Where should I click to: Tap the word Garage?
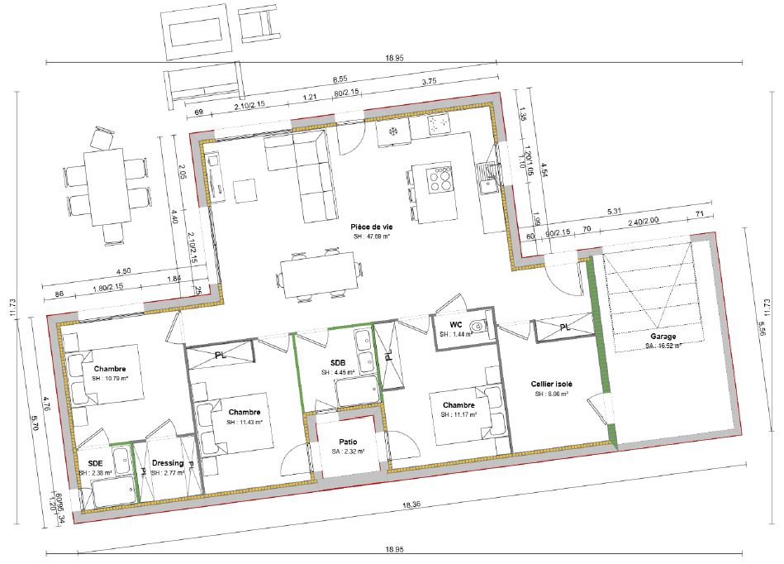(x=663, y=337)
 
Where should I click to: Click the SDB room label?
(x=337, y=362)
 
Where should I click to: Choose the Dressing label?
(x=168, y=463)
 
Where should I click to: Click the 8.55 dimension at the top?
(x=340, y=79)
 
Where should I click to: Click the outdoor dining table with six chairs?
(x=106, y=187)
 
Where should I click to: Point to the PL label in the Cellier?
(x=565, y=327)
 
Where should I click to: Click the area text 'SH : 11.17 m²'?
(x=458, y=415)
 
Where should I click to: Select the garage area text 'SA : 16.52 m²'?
(x=663, y=347)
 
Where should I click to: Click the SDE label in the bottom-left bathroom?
(x=96, y=463)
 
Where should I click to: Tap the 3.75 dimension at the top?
(x=428, y=82)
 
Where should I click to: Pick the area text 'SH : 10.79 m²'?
(x=110, y=379)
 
